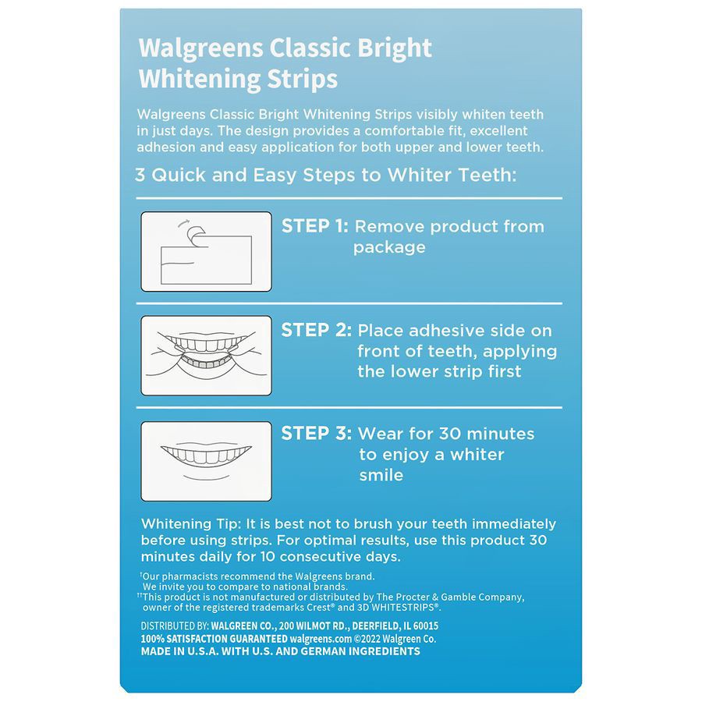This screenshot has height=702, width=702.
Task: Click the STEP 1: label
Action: click(314, 226)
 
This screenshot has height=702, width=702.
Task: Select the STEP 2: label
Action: click(316, 330)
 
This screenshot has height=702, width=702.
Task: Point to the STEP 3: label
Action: click(316, 434)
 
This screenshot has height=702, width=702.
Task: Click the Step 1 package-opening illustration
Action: click(206, 252)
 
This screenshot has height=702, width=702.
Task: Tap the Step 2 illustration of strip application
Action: click(206, 355)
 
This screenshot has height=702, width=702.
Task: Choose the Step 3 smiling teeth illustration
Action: click(206, 461)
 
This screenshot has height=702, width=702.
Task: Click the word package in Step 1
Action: click(389, 247)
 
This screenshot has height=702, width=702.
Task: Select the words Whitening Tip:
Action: click(192, 524)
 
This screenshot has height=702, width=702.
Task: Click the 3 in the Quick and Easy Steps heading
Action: click(140, 175)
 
